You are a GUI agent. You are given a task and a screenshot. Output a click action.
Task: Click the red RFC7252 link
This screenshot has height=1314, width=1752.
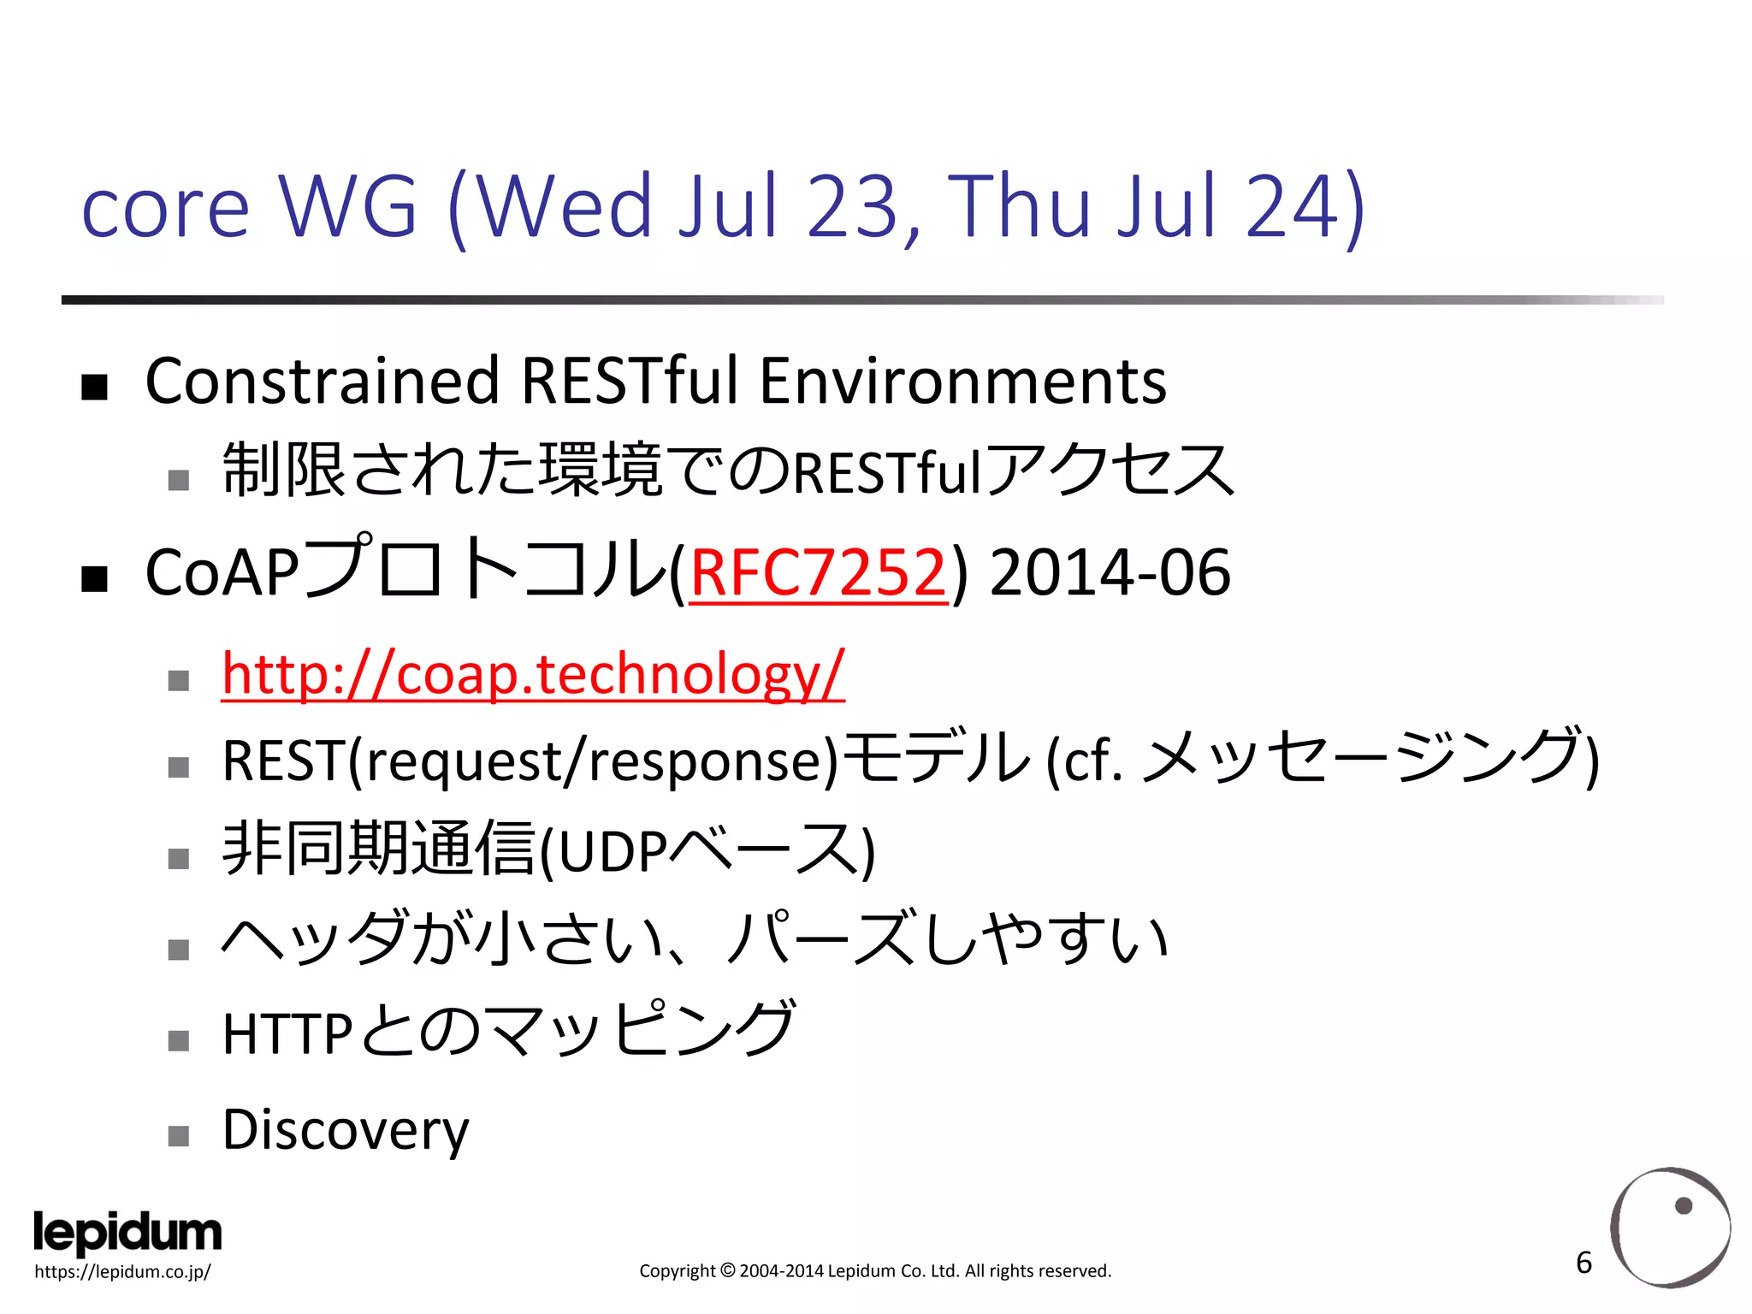(818, 572)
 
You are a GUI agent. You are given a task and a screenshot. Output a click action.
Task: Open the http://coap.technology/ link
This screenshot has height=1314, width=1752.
(532, 674)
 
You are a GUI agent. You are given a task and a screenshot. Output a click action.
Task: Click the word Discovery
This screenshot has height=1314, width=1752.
(346, 1129)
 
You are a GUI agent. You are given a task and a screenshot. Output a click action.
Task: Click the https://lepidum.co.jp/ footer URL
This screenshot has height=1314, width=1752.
(122, 1272)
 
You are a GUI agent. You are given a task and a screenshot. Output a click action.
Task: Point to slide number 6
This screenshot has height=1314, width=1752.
(1583, 1263)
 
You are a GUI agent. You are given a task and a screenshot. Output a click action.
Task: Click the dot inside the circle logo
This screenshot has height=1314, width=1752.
(1684, 1206)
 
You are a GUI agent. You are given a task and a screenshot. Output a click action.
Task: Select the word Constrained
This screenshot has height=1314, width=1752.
(322, 382)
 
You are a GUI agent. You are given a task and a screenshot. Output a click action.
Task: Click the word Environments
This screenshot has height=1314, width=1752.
(962, 382)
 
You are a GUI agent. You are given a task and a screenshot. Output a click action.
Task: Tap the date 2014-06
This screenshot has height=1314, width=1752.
(1110, 572)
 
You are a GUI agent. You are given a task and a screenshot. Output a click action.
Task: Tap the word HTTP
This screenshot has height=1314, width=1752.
(287, 1034)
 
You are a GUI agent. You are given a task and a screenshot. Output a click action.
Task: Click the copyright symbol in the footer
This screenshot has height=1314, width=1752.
(727, 1271)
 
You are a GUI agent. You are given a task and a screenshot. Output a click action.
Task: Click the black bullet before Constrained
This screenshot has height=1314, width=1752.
(94, 388)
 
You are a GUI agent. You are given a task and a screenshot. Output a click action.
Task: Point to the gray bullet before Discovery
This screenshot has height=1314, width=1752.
(178, 1136)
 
